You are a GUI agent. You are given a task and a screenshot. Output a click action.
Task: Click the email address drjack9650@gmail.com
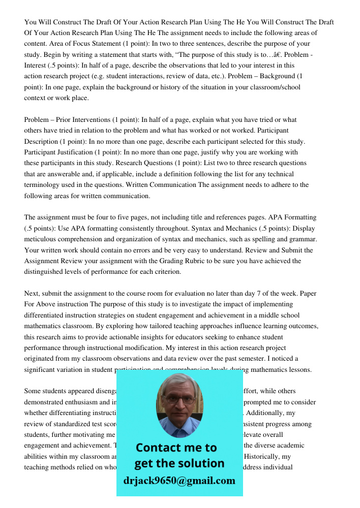179,481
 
